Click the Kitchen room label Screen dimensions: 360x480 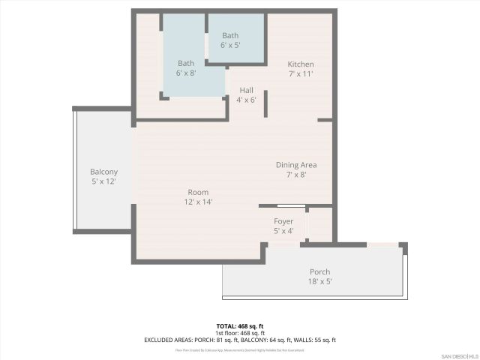click(300, 64)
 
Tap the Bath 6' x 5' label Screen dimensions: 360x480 click(230, 35)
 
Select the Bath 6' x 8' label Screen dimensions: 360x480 click(186, 63)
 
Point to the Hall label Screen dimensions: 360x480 click(247, 90)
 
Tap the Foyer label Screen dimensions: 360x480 click(283, 221)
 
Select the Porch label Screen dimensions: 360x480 click(320, 271)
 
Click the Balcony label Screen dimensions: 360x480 click(103, 172)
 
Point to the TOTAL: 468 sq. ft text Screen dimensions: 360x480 click(240, 326)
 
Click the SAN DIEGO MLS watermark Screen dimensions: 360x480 click(458, 355)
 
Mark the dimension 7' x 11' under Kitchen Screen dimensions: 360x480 click(300, 74)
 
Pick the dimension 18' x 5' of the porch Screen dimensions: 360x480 click(320, 281)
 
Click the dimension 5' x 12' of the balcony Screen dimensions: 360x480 click(103, 181)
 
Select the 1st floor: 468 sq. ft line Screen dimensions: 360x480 click(240, 333)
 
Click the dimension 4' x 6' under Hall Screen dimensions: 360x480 click(247, 100)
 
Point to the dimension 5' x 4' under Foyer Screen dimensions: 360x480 click(283, 231)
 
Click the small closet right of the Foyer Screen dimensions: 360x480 click(319, 224)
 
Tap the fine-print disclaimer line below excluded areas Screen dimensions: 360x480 click(240, 349)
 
